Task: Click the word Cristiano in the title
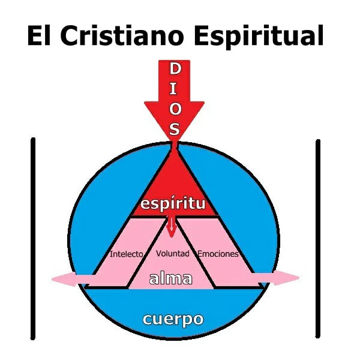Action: [122, 35]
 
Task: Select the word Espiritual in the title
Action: [259, 37]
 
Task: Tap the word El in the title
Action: [38, 35]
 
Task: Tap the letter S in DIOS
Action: [174, 128]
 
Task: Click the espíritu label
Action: [173, 203]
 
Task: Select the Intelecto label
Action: [127, 254]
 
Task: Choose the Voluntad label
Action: [173, 253]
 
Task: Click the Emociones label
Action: [218, 254]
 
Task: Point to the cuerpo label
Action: [173, 319]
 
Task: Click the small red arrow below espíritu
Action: [171, 227]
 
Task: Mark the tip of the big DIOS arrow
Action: [175, 140]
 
